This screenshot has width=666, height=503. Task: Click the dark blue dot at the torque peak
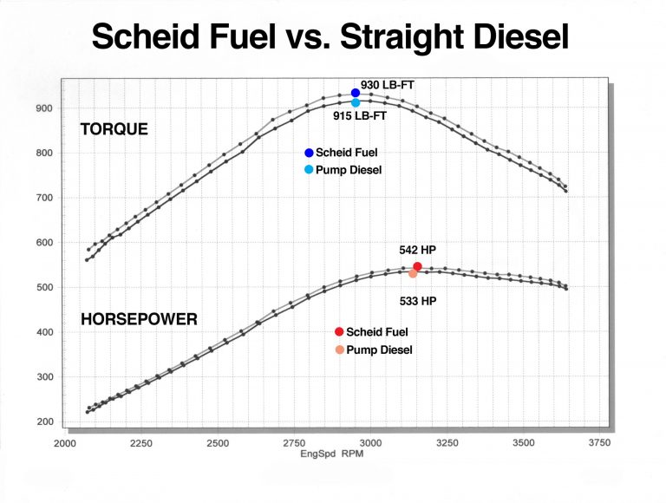pyautogui.click(x=356, y=93)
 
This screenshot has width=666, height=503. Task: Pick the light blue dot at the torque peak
pyautogui.click(x=356, y=102)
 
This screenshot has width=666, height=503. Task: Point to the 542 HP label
pyautogui.click(x=416, y=250)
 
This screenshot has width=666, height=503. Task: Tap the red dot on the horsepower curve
pyautogui.click(x=417, y=267)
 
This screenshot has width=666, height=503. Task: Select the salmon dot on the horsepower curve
pyautogui.click(x=413, y=273)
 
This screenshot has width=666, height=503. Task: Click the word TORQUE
pyautogui.click(x=114, y=129)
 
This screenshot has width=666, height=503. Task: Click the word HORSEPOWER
pyautogui.click(x=139, y=319)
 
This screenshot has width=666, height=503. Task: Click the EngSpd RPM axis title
pyautogui.click(x=331, y=454)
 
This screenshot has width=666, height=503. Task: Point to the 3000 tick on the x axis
pyautogui.click(x=370, y=442)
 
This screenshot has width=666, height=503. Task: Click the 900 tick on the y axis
pyautogui.click(x=43, y=108)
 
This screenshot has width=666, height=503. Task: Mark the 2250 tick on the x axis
pyautogui.click(x=141, y=442)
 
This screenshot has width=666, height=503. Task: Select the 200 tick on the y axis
pyautogui.click(x=43, y=421)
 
